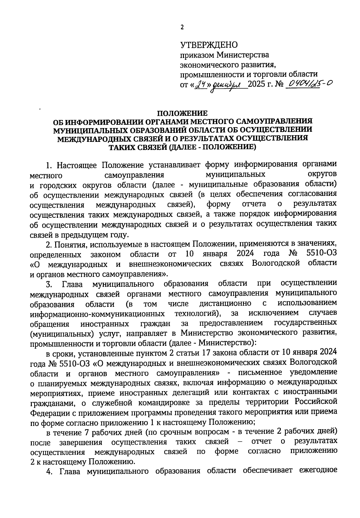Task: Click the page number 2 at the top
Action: [x=181, y=28]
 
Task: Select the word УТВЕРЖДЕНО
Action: [x=209, y=45]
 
